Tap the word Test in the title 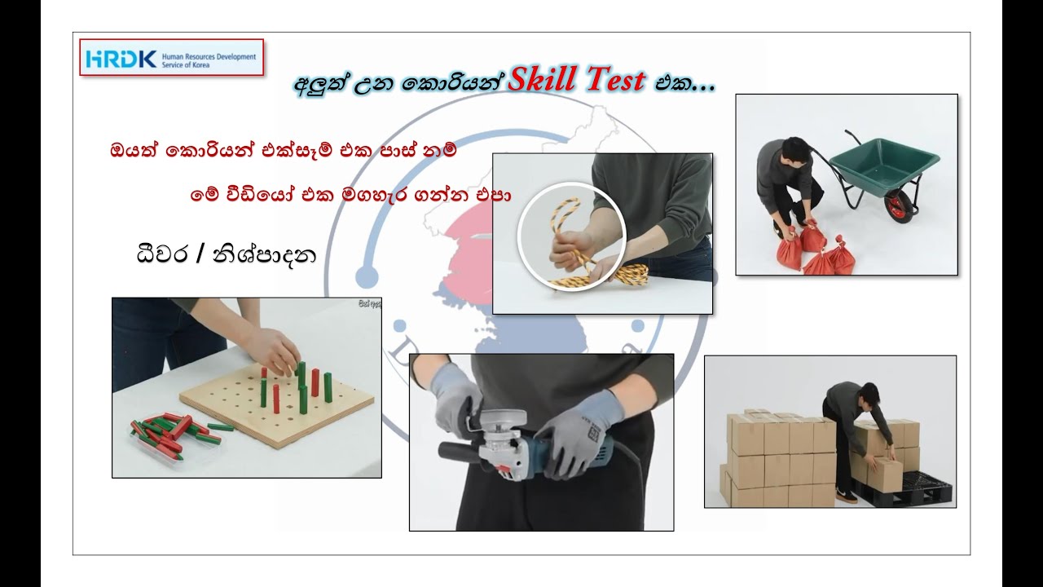point(613,81)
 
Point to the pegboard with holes point(277,404)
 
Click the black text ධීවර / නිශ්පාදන point(226,254)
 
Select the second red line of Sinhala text point(350,196)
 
